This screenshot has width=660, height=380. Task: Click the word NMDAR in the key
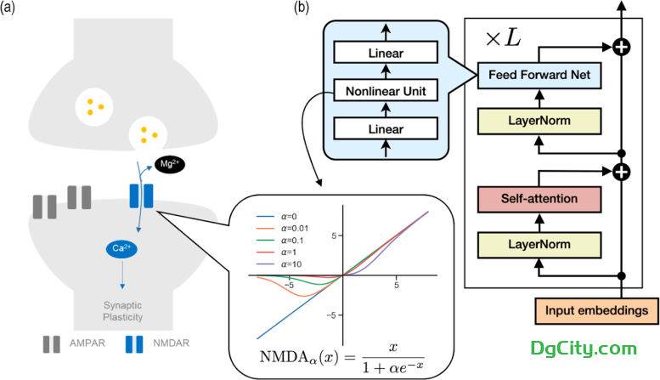[172, 344]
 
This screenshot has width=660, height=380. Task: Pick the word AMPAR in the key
[82, 344]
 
